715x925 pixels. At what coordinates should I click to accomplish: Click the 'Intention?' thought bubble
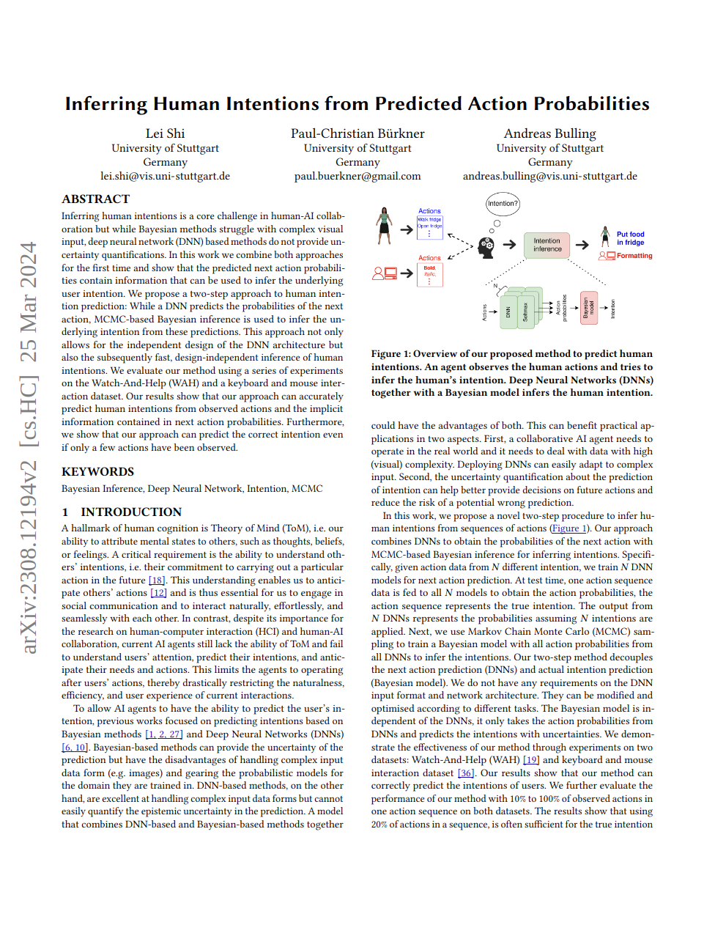point(503,203)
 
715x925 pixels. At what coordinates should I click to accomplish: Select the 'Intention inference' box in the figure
point(547,245)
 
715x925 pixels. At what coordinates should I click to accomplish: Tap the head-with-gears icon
point(486,246)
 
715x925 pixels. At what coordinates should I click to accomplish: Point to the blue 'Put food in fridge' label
point(630,238)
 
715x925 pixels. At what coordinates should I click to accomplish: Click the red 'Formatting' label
point(634,256)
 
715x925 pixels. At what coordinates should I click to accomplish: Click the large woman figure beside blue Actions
point(384,226)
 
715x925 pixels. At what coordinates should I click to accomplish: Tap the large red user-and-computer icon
point(385,273)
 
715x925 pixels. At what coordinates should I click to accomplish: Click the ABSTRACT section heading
point(95,199)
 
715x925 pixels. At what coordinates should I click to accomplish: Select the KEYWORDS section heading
point(97,472)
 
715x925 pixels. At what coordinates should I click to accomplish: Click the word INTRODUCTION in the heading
point(131,512)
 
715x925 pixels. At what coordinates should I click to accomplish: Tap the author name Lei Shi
point(165,133)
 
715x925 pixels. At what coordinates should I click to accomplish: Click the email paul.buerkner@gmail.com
point(357,176)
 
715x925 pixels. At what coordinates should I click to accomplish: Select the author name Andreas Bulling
point(549,133)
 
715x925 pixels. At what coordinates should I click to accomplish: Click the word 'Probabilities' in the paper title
point(591,104)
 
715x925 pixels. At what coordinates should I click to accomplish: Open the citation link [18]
point(156,580)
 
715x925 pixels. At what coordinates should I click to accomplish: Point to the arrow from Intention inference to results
point(582,245)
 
